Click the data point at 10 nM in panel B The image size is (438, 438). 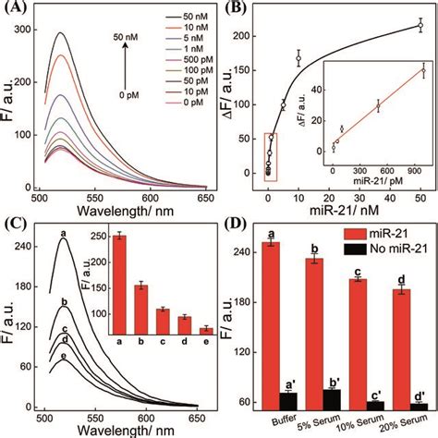[298, 59]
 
